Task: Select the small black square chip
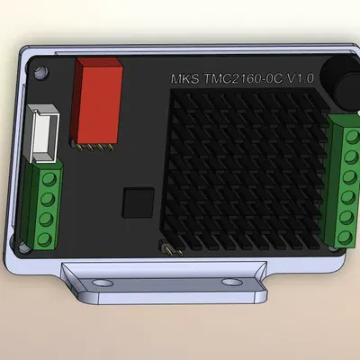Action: tap(138, 201)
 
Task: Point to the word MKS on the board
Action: tap(186, 79)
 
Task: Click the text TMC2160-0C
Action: tap(244, 79)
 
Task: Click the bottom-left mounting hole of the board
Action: tap(24, 245)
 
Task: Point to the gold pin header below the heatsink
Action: tap(171, 248)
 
